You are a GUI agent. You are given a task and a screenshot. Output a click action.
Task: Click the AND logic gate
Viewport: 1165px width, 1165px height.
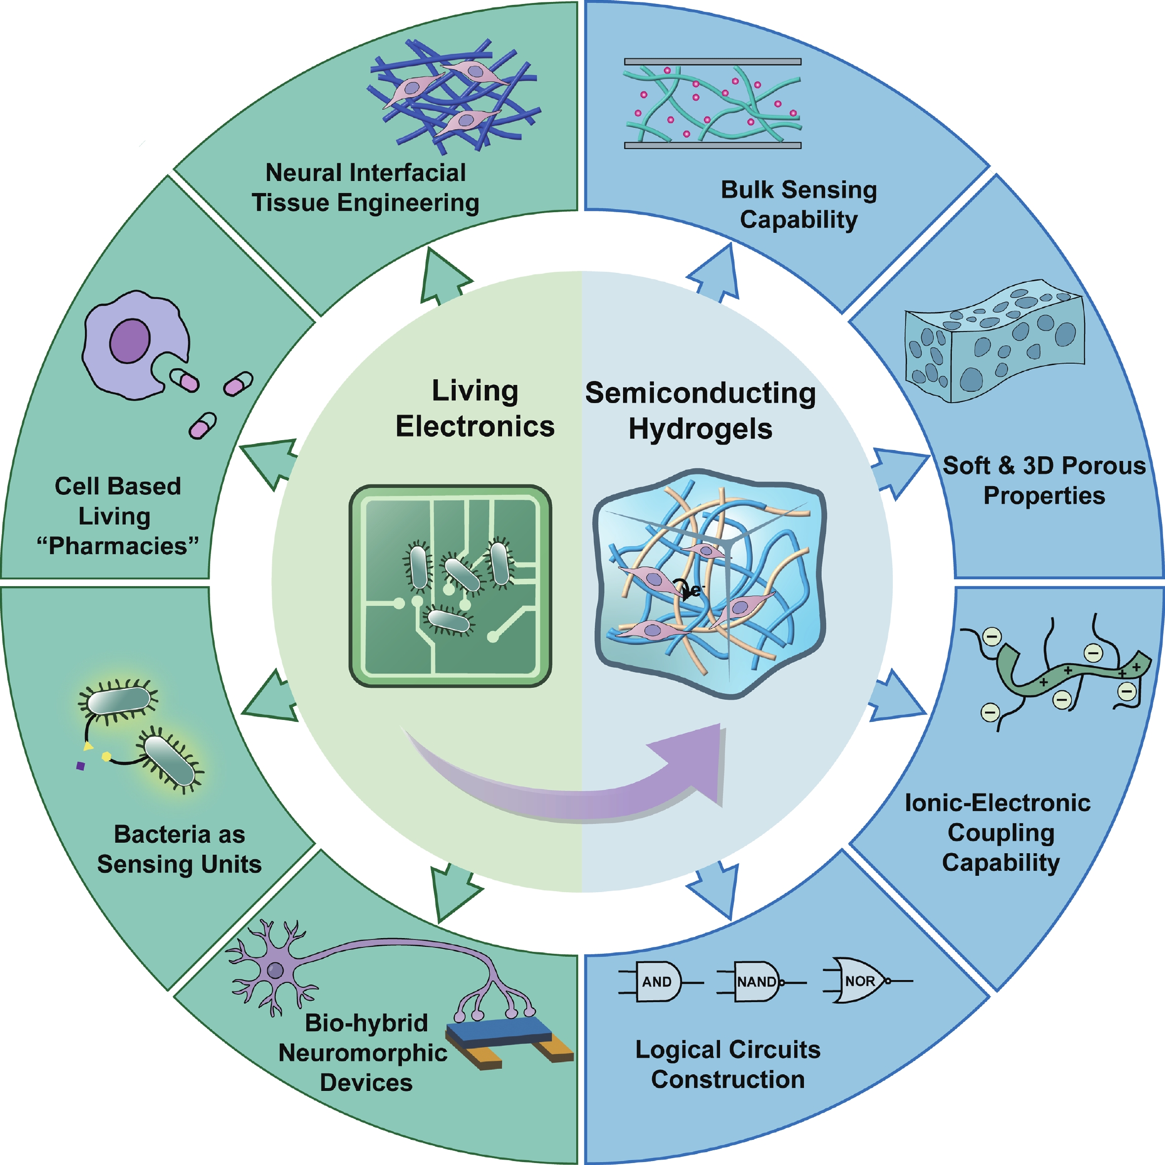pyautogui.click(x=657, y=981)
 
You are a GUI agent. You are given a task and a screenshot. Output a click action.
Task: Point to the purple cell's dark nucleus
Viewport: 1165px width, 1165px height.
pyautogui.click(x=129, y=341)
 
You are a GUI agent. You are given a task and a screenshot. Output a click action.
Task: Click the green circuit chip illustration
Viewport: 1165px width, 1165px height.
pyautogui.click(x=450, y=585)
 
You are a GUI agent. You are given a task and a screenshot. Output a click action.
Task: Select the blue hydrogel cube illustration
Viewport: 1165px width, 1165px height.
pyautogui.click(x=710, y=583)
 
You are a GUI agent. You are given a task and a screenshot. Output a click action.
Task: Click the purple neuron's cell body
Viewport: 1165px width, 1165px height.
pyautogui.click(x=276, y=971)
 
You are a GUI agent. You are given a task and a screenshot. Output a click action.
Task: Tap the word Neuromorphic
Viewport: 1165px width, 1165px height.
pyautogui.click(x=363, y=1053)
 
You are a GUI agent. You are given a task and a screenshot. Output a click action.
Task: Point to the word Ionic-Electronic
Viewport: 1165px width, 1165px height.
pyautogui.click(x=997, y=803)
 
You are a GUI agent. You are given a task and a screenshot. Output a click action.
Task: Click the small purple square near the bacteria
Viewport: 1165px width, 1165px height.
pyautogui.click(x=80, y=766)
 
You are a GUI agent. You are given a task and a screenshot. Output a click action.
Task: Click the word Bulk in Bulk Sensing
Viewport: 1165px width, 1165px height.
pyautogui.click(x=747, y=189)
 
